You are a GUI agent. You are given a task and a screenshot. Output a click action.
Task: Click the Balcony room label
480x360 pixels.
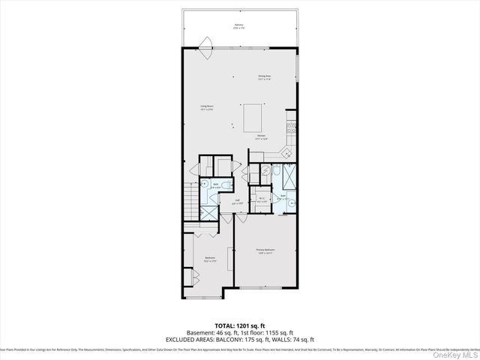pyautogui.click(x=238, y=26)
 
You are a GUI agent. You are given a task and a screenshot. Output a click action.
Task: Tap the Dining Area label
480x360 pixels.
pyautogui.click(x=264, y=76)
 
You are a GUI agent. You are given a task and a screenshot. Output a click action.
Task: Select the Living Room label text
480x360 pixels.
pyautogui.click(x=208, y=108)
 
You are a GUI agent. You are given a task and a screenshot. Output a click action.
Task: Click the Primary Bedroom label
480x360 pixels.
pyautogui.click(x=265, y=251)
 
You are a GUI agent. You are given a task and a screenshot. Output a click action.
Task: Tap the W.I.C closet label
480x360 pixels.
pyautogui.click(x=262, y=201)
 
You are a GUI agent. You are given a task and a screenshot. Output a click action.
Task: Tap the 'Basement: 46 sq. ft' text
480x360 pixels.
pyautogui.click(x=209, y=332)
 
